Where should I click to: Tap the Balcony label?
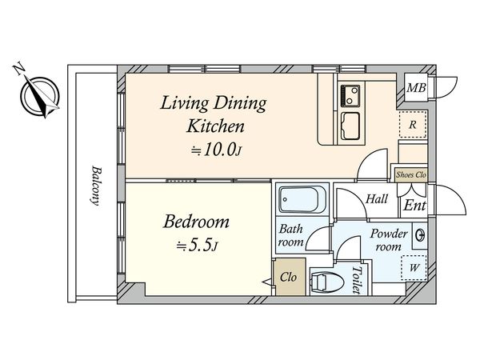pos(97,186)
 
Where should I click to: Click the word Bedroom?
pos(196,222)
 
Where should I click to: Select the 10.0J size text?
pos(217,150)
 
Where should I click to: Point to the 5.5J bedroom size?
pos(198,246)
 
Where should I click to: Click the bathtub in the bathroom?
pos(302,199)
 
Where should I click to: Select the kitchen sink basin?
pos(350,126)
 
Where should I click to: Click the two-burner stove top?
pos(350,96)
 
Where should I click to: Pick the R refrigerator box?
pos(413,124)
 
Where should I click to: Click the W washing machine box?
pos(414,268)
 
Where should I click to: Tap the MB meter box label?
pos(416,88)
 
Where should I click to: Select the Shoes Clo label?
pos(411,174)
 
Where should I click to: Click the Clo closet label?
pos(288,278)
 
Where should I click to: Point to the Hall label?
pos(377,199)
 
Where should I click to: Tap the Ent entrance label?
pos(414,205)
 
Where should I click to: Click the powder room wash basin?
pos(419,235)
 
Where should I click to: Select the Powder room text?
pos(389,240)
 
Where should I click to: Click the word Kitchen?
pos(215,126)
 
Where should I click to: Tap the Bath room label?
pos(290,236)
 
